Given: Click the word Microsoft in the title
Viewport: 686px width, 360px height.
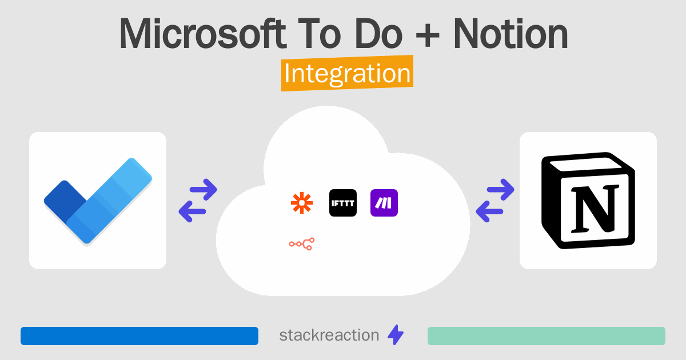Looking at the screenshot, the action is pyautogui.click(x=203, y=33).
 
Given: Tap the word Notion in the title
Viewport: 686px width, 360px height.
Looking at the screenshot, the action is pyautogui.click(x=510, y=33).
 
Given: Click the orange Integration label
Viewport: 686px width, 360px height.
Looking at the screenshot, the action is pyautogui.click(x=348, y=73).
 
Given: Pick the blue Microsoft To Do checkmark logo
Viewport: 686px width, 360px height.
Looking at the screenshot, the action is pyautogui.click(x=98, y=201).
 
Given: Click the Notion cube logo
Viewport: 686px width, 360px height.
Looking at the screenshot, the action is pyautogui.click(x=588, y=201).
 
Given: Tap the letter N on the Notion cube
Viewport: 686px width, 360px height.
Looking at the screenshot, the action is pyautogui.click(x=595, y=209).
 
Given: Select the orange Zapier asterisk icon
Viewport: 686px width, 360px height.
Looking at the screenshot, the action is pyautogui.click(x=302, y=203).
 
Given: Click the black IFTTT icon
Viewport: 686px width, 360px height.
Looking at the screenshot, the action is pyautogui.click(x=343, y=203).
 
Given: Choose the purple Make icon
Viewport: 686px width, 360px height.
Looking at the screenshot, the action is pyautogui.click(x=384, y=203).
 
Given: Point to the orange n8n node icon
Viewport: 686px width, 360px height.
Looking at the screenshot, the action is pyautogui.click(x=302, y=244).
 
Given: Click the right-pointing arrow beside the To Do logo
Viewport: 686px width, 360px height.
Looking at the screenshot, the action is pyautogui.click(x=204, y=190).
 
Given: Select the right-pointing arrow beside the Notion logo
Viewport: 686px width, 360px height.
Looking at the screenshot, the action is pyautogui.click(x=500, y=190).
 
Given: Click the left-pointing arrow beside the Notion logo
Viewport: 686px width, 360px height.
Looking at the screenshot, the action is pyautogui.click(x=489, y=211).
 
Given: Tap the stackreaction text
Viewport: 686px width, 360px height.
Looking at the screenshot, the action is pyautogui.click(x=329, y=335).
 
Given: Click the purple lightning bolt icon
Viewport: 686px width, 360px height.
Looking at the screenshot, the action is pyautogui.click(x=396, y=335).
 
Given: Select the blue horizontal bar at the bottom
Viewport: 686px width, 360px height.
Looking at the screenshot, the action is pyautogui.click(x=139, y=336).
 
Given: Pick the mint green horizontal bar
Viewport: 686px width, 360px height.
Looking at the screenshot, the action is pyautogui.click(x=547, y=336).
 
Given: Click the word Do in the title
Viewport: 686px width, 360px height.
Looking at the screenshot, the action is pyautogui.click(x=378, y=33).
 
